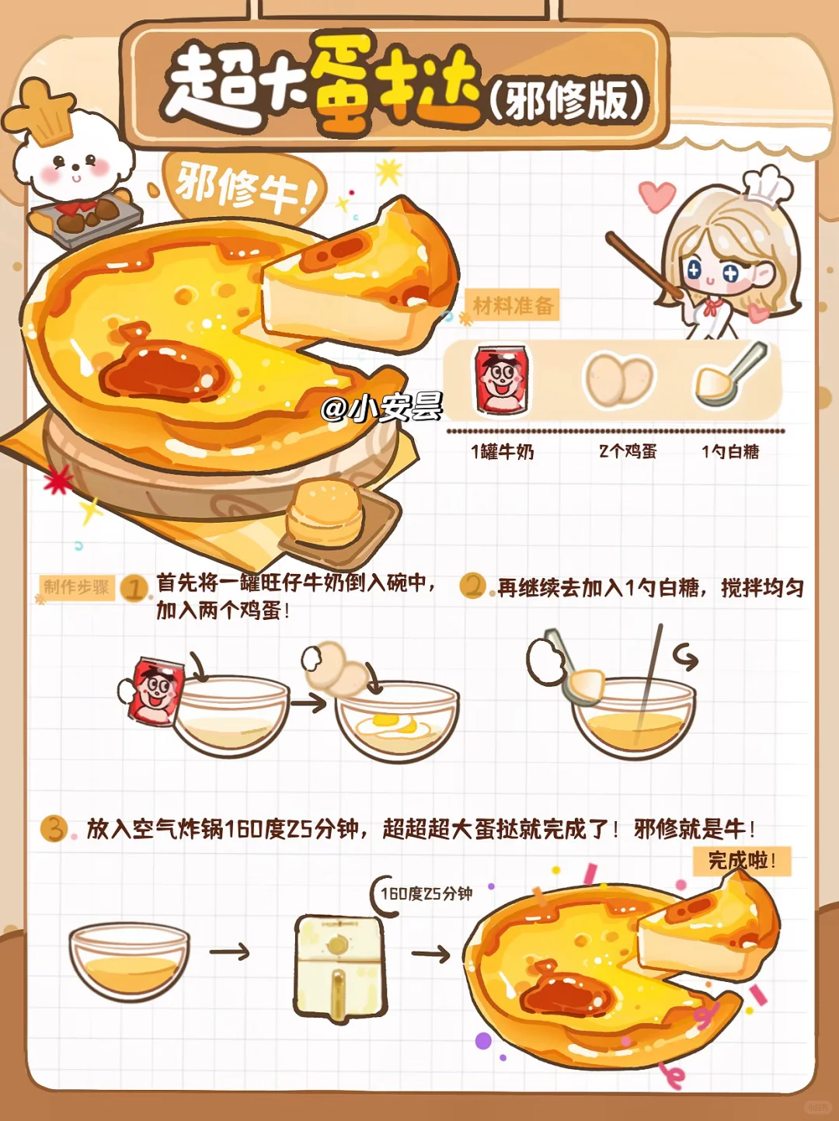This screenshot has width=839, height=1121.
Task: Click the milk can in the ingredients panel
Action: point(502,379)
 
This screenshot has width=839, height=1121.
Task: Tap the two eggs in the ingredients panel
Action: point(619,379)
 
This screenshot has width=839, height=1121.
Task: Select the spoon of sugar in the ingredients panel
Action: point(730,375)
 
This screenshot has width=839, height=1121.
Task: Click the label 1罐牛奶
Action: point(503,451)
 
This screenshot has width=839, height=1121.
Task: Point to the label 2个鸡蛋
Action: point(628,451)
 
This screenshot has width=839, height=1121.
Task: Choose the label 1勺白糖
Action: point(730,451)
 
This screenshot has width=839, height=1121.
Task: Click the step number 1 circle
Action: point(134,588)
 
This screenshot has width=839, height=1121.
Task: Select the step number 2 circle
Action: point(473,586)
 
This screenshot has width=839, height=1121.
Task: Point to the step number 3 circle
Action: point(54,828)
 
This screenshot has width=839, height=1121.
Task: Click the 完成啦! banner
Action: point(742,862)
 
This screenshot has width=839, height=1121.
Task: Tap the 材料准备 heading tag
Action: point(512,305)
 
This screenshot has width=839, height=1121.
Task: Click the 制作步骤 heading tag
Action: point(77,587)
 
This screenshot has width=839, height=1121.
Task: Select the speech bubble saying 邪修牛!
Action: point(244,191)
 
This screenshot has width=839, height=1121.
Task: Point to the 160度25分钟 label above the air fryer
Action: point(426,893)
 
